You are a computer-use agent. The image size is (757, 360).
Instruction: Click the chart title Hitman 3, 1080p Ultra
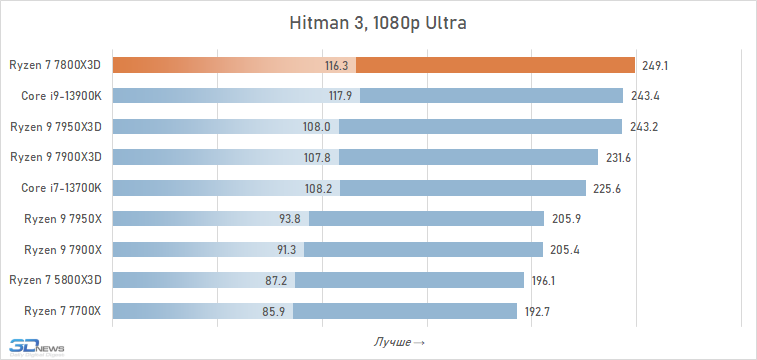[378, 23]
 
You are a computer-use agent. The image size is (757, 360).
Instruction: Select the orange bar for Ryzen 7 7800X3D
[374, 65]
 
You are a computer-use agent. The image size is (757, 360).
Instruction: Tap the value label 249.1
[655, 66]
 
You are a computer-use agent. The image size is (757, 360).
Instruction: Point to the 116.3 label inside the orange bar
[336, 66]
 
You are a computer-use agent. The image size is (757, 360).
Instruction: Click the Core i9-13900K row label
[61, 96]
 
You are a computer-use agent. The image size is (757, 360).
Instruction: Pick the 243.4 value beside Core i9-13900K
[645, 96]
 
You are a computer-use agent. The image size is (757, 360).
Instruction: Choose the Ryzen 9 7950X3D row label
[56, 126]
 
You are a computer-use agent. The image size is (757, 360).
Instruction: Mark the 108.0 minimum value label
[317, 127]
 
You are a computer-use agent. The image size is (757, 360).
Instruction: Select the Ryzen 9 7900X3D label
[56, 157]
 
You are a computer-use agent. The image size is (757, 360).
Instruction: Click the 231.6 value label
[618, 158]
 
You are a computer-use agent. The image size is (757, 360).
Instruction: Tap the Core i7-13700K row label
[61, 188]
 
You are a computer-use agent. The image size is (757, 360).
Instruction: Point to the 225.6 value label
[607, 189]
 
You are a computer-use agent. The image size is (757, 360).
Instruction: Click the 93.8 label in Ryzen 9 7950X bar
[290, 219]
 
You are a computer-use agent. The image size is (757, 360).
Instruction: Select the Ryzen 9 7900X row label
[63, 249]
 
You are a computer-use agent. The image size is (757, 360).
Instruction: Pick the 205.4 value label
[565, 250]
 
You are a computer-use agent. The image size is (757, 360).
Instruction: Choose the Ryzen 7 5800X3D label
[56, 280]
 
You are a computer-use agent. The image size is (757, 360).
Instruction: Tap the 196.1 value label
[544, 281]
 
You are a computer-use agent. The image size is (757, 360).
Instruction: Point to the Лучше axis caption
[399, 342]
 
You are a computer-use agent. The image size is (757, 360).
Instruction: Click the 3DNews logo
[37, 347]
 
